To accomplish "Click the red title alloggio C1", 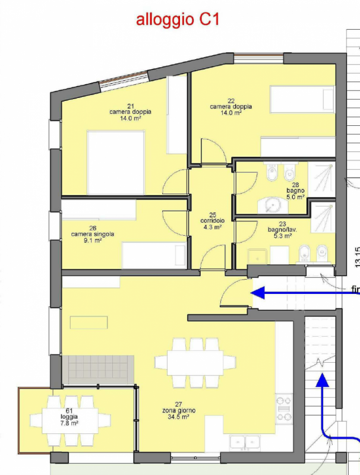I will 178,20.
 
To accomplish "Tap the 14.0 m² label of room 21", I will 130,118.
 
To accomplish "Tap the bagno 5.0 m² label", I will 295,191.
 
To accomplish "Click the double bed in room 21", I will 116,162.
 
